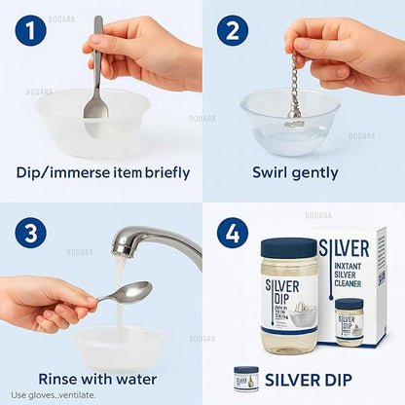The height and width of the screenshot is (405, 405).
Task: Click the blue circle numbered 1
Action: pos(30,32)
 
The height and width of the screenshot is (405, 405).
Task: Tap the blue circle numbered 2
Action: pos(232,32)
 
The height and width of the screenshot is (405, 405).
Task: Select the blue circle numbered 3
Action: pos(30,234)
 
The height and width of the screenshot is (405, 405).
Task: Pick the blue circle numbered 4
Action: pos(232,234)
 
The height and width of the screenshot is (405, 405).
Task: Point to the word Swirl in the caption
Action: pos(271,173)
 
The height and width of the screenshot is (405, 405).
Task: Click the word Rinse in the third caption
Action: pos(60,378)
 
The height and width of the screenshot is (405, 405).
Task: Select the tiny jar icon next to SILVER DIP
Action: pos(246,378)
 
